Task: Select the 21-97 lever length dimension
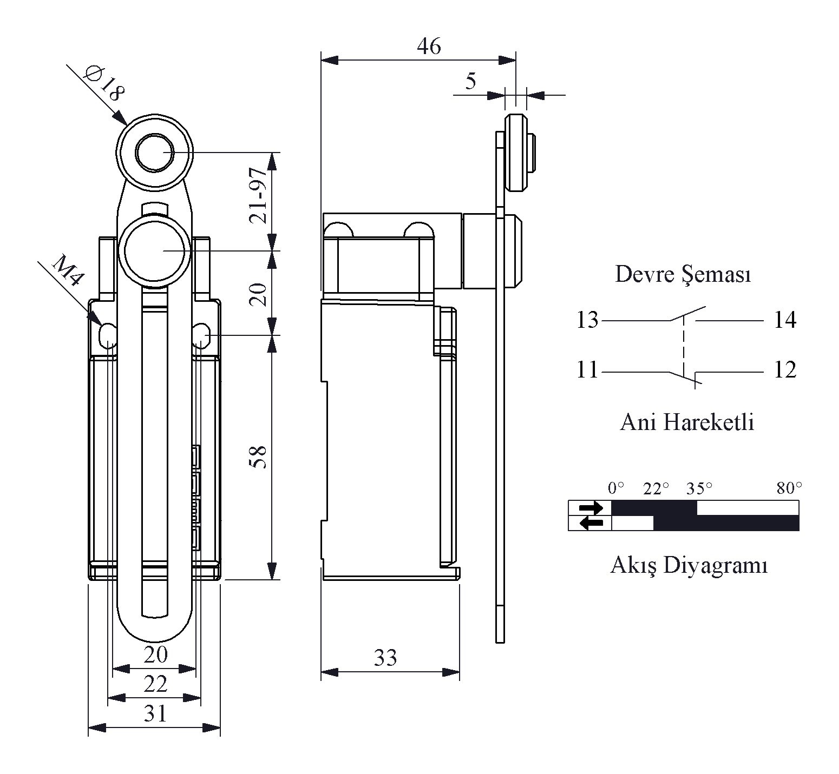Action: [x=258, y=195]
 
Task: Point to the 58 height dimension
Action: [x=258, y=457]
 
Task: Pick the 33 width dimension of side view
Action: [x=385, y=657]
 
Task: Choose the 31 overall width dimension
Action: [x=155, y=713]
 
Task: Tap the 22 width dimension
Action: [x=155, y=684]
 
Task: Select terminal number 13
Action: [x=587, y=320]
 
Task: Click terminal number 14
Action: [x=785, y=320]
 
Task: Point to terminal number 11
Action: [x=587, y=370]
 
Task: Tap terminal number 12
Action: [x=785, y=370]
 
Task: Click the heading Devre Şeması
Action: [x=683, y=275]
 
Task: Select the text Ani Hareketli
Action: [x=687, y=422]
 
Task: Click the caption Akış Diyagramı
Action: [x=689, y=566]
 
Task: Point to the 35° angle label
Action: [x=699, y=489]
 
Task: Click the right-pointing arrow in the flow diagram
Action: [x=591, y=508]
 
